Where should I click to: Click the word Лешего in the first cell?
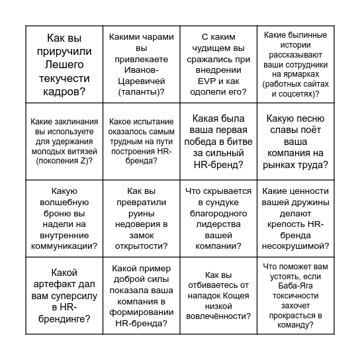click(x=65, y=65)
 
